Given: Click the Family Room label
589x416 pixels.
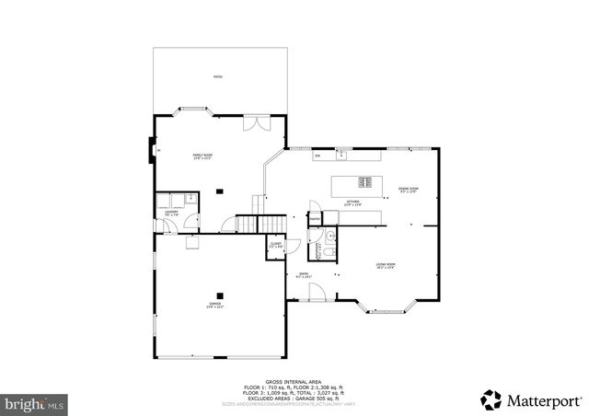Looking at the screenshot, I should pyautogui.click(x=202, y=156).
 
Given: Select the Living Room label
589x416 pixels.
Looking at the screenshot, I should pyautogui.click(x=385, y=266).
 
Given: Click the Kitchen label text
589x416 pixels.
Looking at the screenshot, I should pyautogui.click(x=352, y=202).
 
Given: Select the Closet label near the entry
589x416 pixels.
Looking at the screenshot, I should pyautogui.click(x=276, y=245).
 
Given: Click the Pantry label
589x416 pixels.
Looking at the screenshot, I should pyautogui.click(x=314, y=217).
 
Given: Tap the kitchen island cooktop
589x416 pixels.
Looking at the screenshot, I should pyautogui.click(x=365, y=180).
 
